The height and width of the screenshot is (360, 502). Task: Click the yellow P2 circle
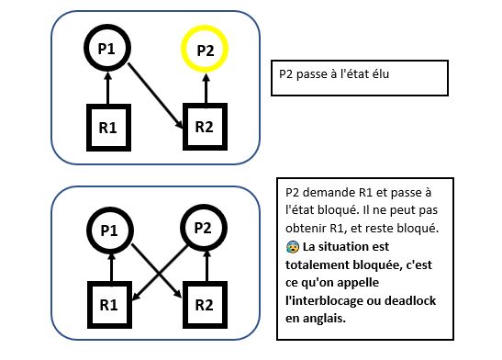pos(206,51)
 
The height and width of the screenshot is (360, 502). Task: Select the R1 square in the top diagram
pos(108,129)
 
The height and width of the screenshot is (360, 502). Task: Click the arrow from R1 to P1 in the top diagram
pos(108,90)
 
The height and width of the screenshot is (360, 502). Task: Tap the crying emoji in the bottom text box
pos(292,248)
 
